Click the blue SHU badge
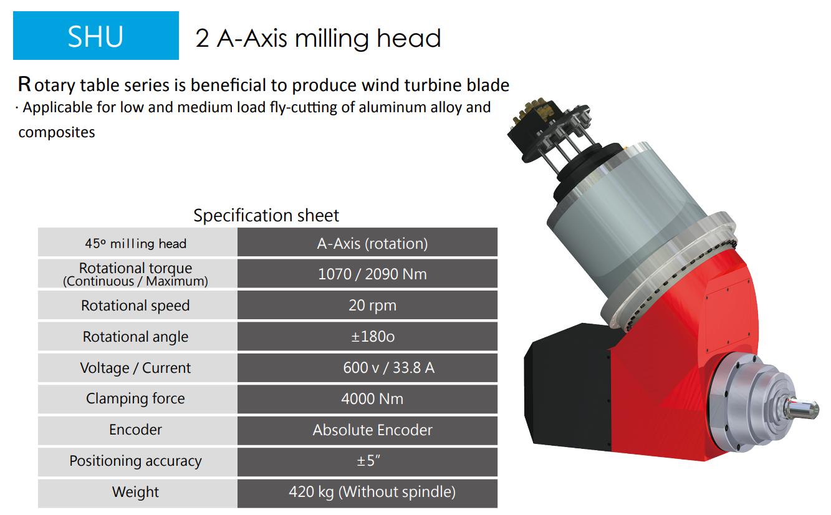pos(96,36)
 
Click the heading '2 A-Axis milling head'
pos(318,38)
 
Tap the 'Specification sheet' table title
pos(266,215)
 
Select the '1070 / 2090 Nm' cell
pos(367,274)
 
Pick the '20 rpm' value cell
pos(367,305)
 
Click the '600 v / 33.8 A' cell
pos(367,368)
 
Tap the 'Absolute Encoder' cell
pos(367,430)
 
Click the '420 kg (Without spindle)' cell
pos(367,493)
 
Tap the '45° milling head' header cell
pos(137,242)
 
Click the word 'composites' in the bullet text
pos(57,133)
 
